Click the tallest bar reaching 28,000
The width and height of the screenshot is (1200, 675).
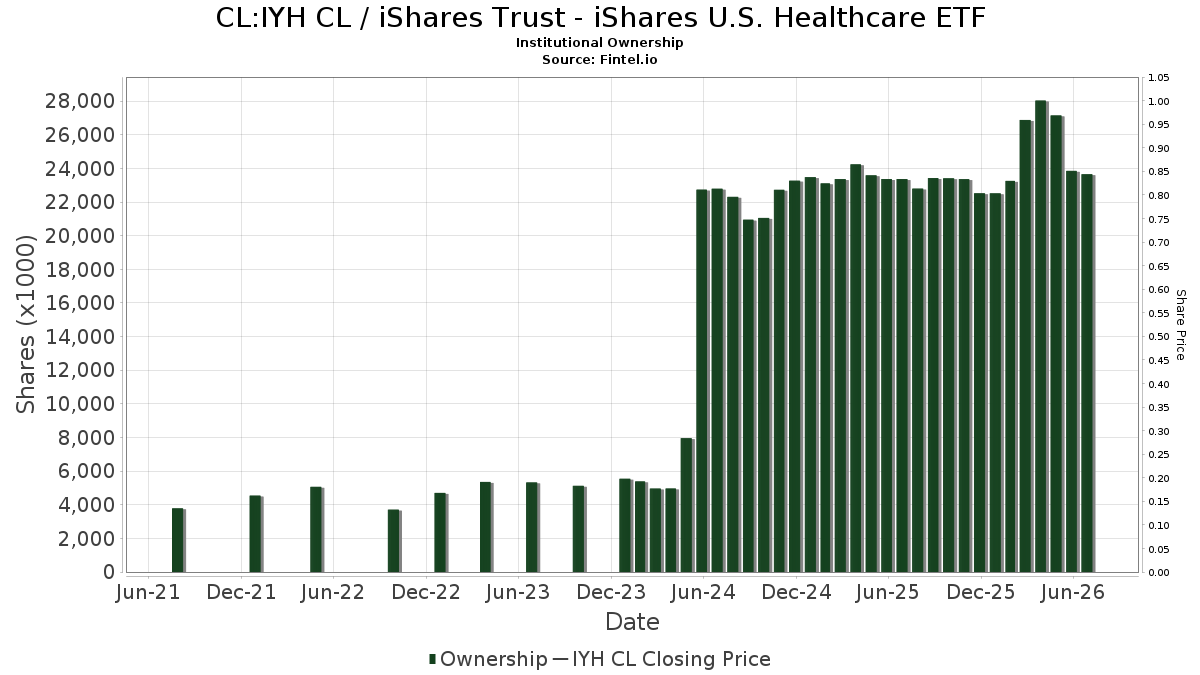(1041, 336)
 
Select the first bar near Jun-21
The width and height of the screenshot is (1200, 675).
(178, 540)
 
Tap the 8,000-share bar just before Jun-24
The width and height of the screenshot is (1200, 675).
(687, 505)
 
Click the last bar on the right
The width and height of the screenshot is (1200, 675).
(1088, 373)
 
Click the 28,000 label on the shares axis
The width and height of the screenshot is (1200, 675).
(80, 101)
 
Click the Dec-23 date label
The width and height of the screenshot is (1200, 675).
(611, 592)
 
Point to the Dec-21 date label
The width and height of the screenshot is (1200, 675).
(241, 592)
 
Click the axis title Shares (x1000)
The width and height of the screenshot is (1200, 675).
(25, 324)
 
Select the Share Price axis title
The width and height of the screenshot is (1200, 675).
(1180, 325)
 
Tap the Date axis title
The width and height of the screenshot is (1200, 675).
(632, 622)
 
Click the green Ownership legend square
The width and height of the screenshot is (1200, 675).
(432, 659)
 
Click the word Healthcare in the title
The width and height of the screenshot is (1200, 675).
(850, 18)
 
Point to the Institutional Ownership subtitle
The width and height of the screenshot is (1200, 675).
(599, 43)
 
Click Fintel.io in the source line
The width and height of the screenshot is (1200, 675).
(628, 59)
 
